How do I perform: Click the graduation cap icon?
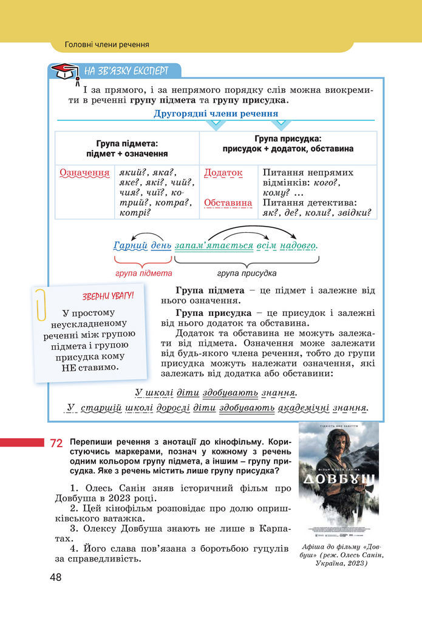point(64,72)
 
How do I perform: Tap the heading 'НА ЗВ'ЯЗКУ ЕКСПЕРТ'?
point(126,70)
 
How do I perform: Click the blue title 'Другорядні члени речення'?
point(216,114)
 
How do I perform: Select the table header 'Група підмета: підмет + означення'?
point(127,149)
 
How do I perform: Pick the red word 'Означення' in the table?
point(84,173)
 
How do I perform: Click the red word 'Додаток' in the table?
point(223,173)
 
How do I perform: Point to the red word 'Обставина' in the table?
point(228,203)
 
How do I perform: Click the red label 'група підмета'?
point(144,273)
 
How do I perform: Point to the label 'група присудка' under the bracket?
point(247,273)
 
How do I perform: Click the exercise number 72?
point(56,444)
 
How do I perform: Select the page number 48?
point(56,577)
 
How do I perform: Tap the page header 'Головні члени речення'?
point(107,44)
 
